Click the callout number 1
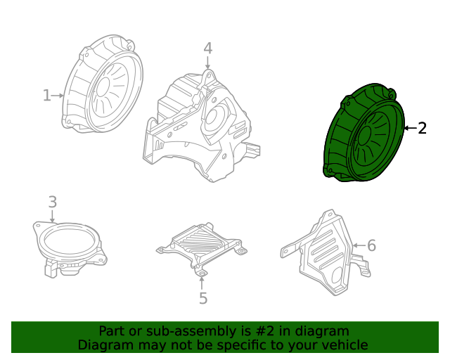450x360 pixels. (47, 95)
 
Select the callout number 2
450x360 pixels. (423, 128)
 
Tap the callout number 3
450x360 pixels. (53, 202)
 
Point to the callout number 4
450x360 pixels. (207, 48)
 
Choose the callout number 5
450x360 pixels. (202, 299)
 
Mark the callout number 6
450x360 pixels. (371, 245)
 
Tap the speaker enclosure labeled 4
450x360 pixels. (200, 127)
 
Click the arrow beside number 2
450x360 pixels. (410, 128)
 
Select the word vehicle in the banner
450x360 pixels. (345, 345)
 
